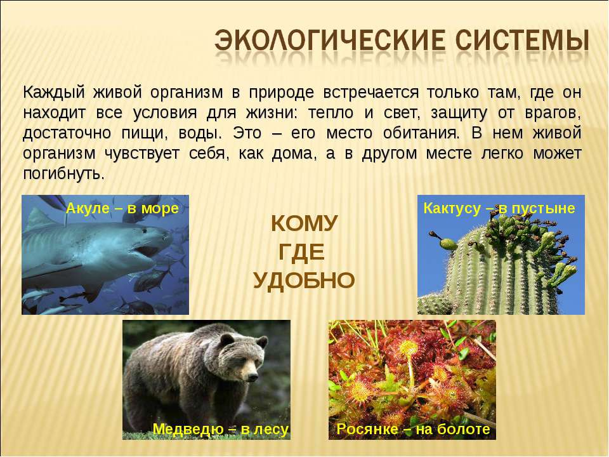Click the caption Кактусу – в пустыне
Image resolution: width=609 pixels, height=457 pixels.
click(499, 208)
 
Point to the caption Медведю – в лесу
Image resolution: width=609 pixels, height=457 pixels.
click(220, 429)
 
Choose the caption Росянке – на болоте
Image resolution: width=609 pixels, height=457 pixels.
click(413, 429)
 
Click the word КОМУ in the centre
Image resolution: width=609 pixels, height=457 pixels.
click(304, 224)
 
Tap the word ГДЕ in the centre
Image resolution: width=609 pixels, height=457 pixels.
click(302, 252)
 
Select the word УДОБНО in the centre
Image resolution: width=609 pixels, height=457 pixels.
click(304, 280)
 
